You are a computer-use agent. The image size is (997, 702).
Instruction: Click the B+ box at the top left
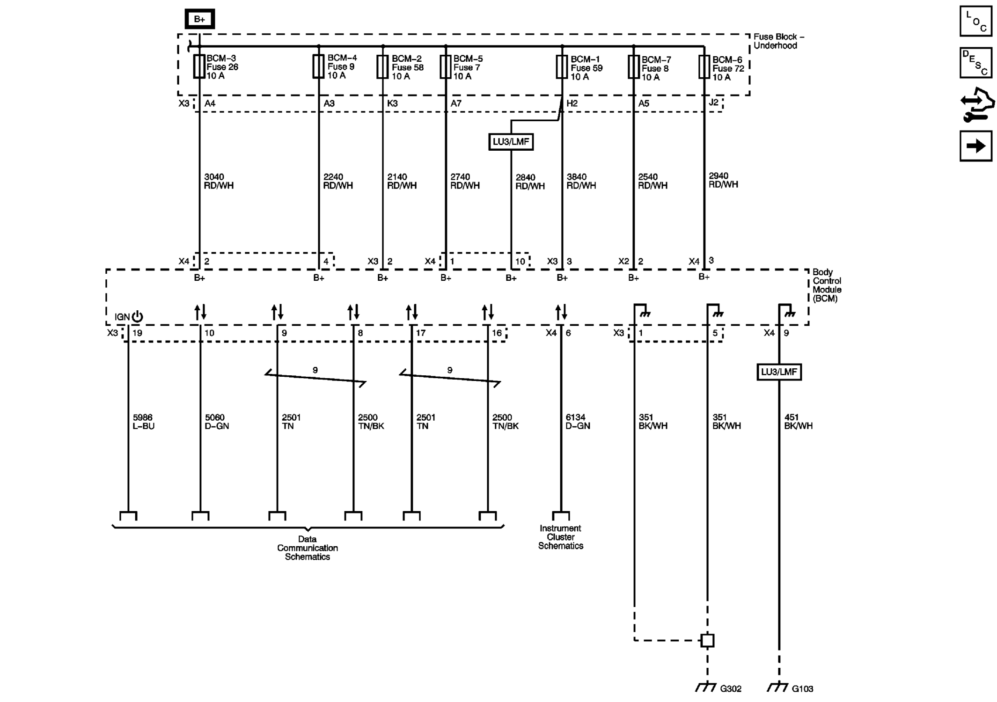199,19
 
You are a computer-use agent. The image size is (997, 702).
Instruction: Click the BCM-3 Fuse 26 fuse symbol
199,66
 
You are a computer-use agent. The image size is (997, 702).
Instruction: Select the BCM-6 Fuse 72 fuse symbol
704,67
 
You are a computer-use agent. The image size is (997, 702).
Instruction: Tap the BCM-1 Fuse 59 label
586,68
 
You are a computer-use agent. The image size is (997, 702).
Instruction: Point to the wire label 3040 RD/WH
218,181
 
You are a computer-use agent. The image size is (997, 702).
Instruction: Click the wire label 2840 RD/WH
530,182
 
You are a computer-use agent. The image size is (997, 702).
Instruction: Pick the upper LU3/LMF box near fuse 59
511,142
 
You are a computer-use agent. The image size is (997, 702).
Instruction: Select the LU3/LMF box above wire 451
779,372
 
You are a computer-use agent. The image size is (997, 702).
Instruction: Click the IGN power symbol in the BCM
137,317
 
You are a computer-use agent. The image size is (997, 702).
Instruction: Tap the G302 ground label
730,688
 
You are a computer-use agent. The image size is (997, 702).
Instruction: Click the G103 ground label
802,688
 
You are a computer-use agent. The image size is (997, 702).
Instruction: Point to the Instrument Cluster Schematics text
560,537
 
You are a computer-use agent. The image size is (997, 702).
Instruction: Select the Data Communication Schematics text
307,548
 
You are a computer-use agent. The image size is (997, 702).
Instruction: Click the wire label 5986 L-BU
143,422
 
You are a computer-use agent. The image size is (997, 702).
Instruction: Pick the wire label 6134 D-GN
577,422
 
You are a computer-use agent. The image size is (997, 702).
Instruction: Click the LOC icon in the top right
975,21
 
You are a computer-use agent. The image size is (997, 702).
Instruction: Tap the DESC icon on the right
975,62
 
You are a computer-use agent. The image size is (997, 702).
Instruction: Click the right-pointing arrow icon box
975,146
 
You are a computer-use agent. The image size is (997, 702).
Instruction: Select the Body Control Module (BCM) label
827,285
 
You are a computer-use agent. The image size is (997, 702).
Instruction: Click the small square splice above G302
707,640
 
